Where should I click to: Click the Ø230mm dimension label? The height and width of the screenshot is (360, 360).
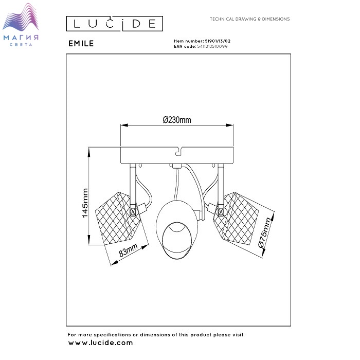tap(177, 120)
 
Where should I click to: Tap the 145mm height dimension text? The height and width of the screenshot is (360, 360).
tap(85, 203)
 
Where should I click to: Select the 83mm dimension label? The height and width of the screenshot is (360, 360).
tap(128, 250)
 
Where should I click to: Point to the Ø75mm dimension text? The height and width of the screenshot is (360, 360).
tap(264, 232)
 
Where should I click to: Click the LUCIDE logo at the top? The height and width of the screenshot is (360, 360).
tap(115, 24)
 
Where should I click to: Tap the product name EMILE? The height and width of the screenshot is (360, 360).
tap(81, 44)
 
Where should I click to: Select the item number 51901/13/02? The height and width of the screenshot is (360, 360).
tap(218, 41)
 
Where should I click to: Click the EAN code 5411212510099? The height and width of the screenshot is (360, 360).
tap(212, 46)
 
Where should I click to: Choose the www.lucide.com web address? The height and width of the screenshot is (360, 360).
tap(101, 343)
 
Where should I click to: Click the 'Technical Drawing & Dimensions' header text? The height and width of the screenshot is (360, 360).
tap(249, 19)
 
